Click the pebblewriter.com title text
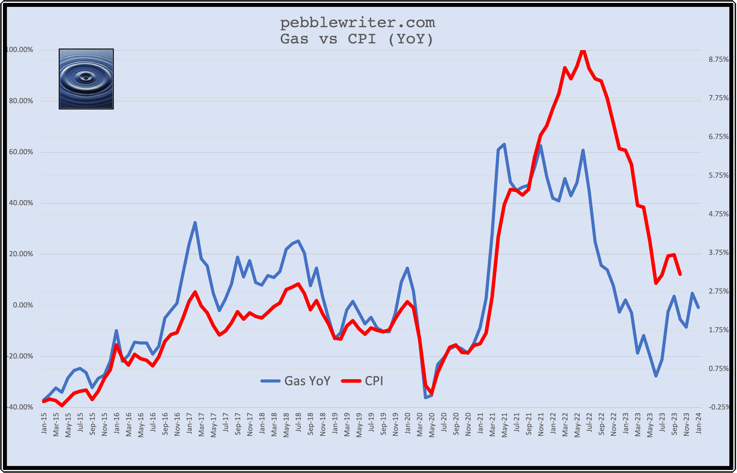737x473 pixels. [x=358, y=22]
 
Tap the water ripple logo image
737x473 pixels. [x=86, y=79]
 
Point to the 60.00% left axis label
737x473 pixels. [x=21, y=152]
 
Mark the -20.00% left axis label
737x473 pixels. [x=20, y=356]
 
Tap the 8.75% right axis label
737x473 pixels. [x=718, y=59]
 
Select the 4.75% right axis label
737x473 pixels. [x=718, y=214]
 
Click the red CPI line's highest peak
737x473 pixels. [x=583, y=50]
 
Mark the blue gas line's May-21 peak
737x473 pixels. [x=504, y=144]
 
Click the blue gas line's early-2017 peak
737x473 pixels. [x=195, y=223]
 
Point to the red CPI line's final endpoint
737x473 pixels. [x=680, y=274]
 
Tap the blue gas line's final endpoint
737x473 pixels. [x=698, y=307]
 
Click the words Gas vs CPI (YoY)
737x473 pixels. [x=357, y=39]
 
